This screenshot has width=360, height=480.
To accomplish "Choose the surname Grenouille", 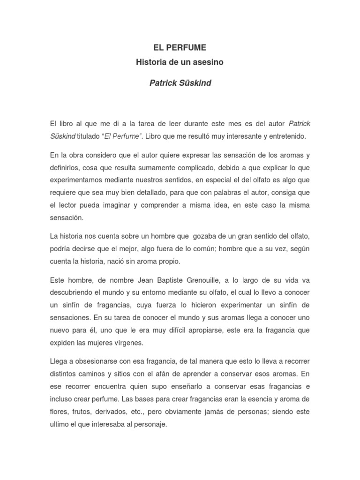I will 197,280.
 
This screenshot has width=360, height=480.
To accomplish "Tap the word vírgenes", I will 126,342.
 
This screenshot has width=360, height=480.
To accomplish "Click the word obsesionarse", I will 98,361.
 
